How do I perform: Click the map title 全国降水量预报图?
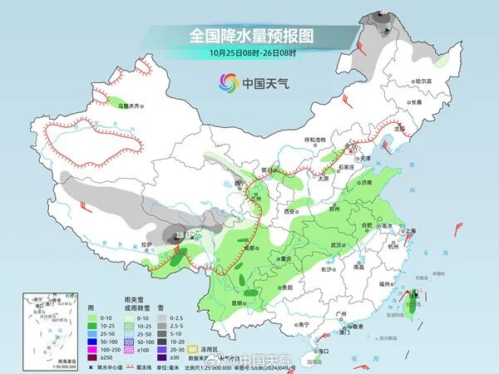point(249,36)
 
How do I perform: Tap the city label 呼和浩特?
point(317,140)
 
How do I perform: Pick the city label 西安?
point(290,212)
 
